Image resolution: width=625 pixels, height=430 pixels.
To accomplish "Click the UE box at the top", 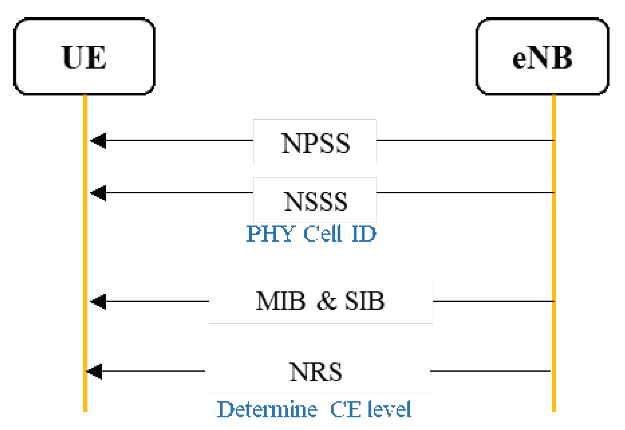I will (84, 57).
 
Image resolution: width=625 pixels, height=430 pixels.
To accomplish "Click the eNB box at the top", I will (542, 57).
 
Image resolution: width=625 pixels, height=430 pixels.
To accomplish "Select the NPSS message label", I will (315, 142).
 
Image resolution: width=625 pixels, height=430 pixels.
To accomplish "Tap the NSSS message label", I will (315, 201).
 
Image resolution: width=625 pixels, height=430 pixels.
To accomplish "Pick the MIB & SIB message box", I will (321, 300).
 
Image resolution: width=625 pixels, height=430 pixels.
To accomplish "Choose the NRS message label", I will (316, 371).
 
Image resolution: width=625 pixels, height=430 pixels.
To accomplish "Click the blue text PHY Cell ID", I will (311, 234).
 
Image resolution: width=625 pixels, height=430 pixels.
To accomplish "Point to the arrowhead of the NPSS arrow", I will (98, 141).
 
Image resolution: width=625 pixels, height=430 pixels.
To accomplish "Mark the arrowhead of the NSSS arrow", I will (98, 193).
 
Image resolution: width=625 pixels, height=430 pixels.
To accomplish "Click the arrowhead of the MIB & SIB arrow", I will (98, 301).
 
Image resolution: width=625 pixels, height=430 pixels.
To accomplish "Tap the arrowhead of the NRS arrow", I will (95, 371).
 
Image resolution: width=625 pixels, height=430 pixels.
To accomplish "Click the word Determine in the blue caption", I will (267, 409).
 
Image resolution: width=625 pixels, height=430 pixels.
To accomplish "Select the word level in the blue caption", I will (389, 409).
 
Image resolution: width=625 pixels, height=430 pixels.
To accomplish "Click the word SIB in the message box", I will (365, 300).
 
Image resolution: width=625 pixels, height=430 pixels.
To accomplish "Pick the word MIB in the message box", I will (280, 300).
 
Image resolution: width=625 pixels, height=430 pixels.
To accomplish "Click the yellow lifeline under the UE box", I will (85, 253).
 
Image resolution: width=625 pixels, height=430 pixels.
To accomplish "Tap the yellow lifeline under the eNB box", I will (554, 253).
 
